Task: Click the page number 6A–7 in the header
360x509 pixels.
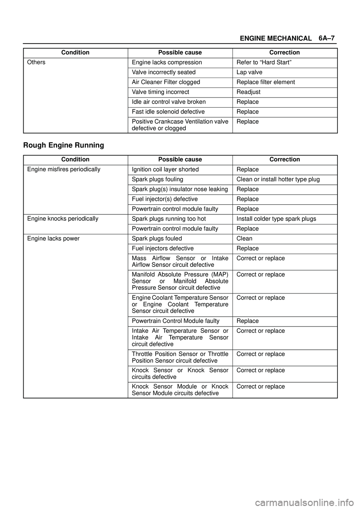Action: [x=327, y=38]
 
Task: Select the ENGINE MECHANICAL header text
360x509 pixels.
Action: [x=276, y=38]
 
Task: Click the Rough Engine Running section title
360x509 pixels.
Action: [x=63, y=145]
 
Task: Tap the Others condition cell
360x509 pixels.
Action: [x=36, y=62]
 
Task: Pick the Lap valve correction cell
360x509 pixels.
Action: [x=249, y=72]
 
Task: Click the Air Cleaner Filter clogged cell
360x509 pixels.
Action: [x=166, y=82]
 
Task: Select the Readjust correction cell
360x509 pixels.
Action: [x=248, y=92]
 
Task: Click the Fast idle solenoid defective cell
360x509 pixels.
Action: [x=168, y=112]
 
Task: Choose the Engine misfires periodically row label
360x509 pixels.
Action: [x=64, y=169]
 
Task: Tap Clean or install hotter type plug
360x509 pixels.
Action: [x=278, y=179]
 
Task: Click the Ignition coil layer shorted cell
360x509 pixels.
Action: [x=165, y=169]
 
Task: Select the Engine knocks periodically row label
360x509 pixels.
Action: [x=63, y=219]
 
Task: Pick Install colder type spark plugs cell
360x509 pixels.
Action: [x=276, y=219]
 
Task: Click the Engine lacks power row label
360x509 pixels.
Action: [x=53, y=238]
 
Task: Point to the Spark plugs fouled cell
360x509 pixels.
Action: [x=157, y=238]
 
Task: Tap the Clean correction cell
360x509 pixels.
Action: [x=244, y=238]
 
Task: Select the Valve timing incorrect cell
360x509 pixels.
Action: [x=160, y=92]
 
